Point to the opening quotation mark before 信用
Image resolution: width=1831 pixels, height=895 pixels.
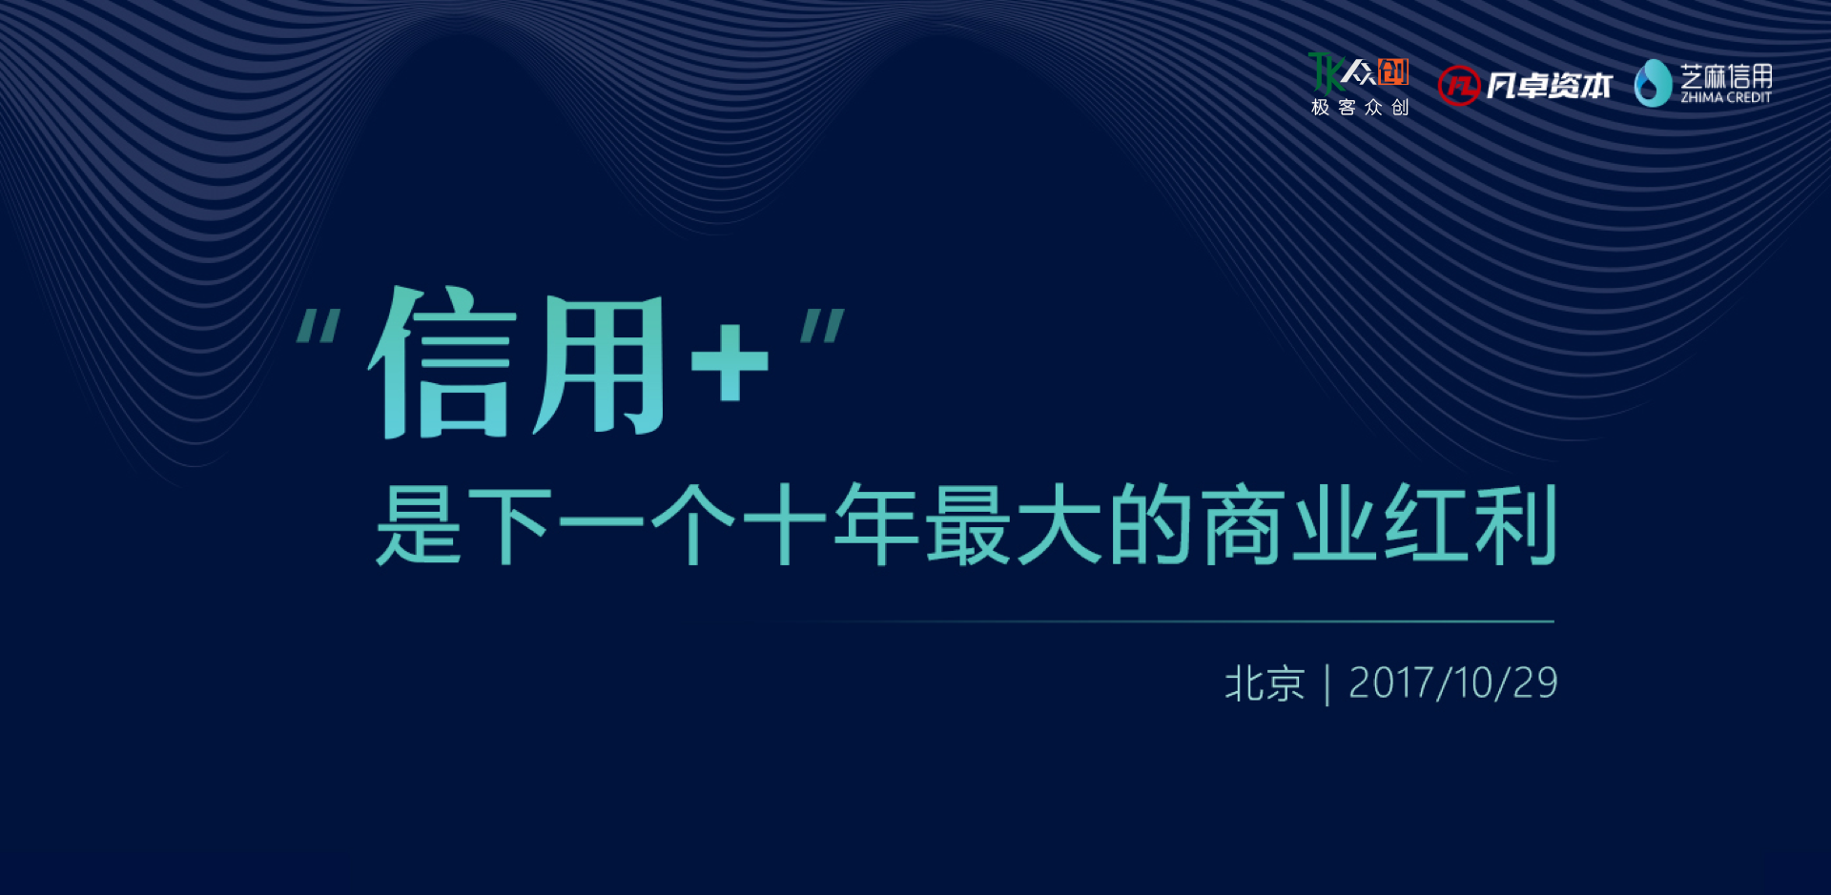319,326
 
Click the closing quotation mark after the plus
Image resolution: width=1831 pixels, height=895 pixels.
822,326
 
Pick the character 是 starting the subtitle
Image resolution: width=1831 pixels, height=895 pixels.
419,524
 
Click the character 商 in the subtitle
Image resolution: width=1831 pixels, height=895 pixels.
1242,524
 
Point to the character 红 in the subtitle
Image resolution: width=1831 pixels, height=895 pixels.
1426,524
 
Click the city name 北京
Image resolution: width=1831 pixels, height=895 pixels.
1265,683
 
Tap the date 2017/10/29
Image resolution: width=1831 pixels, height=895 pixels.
1453,683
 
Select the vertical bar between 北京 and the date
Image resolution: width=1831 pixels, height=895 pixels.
1327,685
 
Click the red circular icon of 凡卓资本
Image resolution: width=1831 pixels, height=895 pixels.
1458,86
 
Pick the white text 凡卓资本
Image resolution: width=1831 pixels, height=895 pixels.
1550,86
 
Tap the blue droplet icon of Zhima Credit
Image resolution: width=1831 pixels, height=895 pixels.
1653,83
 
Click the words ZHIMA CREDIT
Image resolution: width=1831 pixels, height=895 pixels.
1726,97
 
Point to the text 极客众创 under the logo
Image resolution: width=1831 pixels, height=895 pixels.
1360,107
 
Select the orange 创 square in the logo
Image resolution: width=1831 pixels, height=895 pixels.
1393,71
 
